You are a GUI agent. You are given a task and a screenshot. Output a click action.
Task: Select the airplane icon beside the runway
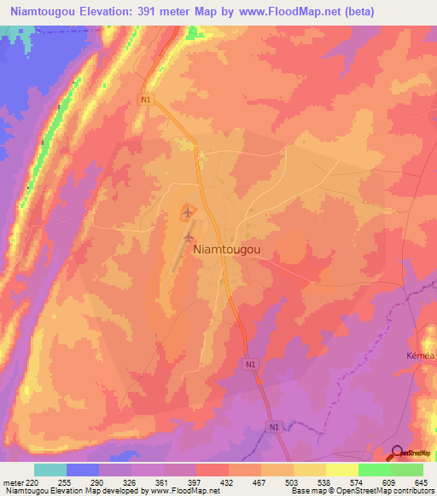pos(189,236)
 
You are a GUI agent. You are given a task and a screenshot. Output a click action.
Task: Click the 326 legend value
pos(131,482)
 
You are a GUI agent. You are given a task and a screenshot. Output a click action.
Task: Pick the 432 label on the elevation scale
pos(226,482)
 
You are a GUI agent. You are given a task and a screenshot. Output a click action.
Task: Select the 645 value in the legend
pos(421,482)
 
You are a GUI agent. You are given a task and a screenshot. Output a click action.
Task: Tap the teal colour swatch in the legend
pos(50,470)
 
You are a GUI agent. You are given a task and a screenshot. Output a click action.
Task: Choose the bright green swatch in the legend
pos(374,470)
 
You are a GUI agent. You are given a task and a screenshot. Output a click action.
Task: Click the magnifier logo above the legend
pos(399,453)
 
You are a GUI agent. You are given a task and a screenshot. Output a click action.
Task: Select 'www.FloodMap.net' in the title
pos(286,12)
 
